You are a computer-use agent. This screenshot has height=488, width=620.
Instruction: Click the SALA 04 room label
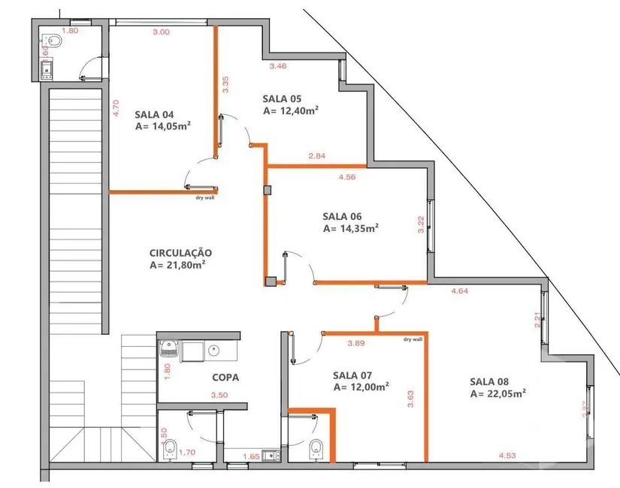[x=155, y=115]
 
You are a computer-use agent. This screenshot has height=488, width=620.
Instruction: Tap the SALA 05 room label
[x=282, y=98]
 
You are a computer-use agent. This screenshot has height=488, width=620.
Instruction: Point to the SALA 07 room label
[x=352, y=375]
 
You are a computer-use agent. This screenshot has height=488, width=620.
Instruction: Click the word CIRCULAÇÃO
[x=180, y=253]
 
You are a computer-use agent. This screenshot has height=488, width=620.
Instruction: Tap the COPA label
[x=225, y=378]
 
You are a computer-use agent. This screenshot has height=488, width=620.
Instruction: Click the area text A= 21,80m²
[x=178, y=265]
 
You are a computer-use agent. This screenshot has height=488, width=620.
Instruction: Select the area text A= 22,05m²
[x=498, y=393]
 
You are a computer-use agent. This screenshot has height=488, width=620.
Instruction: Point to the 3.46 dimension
[x=278, y=67]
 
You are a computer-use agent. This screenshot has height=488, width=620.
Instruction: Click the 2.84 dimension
[x=316, y=156]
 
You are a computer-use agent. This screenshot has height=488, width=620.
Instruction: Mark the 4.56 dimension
[x=347, y=177]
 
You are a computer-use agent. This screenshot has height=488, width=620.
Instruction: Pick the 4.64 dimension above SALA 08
[x=460, y=291]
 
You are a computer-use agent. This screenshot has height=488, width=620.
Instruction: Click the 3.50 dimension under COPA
[x=219, y=395]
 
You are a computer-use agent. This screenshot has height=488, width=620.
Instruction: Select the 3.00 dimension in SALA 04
[x=161, y=32]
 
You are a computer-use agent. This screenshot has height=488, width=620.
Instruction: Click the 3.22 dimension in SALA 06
[x=421, y=224]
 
